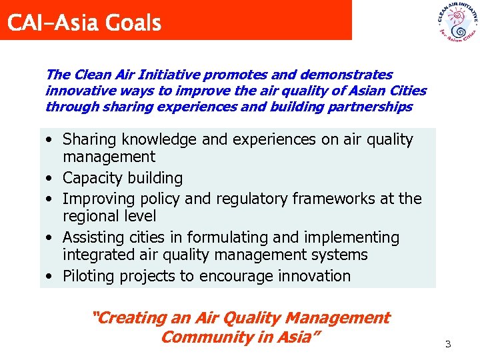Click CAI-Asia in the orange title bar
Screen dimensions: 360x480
pos(52,23)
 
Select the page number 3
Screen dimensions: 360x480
pos(448,344)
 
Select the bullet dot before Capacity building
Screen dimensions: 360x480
pos(50,179)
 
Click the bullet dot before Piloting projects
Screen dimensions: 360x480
pos(50,277)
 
